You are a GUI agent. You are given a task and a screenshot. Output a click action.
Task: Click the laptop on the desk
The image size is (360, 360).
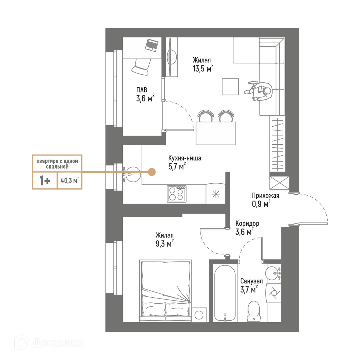point(152,45)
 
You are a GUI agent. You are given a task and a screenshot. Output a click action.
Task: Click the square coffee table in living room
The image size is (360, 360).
point(230,86)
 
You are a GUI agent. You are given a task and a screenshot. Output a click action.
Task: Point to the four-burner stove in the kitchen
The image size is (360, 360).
point(177,193)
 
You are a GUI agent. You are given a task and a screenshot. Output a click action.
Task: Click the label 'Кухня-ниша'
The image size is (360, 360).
point(184,158)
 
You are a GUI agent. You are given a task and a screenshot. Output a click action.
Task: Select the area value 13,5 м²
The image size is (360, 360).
point(203,69)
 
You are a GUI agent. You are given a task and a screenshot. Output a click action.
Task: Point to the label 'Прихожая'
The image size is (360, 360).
point(265,196)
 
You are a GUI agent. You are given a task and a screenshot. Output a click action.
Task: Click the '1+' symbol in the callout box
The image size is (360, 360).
point(45,181)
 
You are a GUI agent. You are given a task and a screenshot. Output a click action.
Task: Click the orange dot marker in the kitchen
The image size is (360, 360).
point(152,172)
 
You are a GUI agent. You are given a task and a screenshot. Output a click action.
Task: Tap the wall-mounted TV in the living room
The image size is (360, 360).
point(172,57)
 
